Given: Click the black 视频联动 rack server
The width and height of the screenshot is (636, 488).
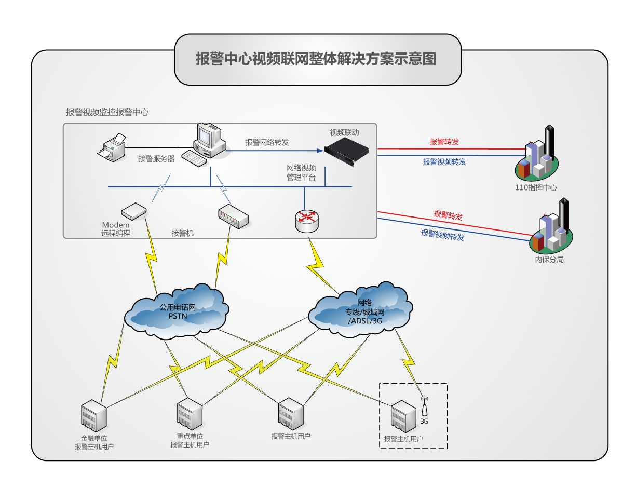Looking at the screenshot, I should click(x=346, y=152).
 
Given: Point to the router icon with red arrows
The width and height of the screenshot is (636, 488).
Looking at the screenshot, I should click(x=307, y=220).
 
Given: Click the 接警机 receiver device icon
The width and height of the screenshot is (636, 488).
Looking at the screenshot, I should click(x=233, y=215).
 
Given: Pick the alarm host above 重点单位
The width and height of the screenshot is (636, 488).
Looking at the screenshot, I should click(x=189, y=414).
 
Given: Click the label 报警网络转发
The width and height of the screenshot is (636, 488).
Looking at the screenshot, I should click(x=267, y=142).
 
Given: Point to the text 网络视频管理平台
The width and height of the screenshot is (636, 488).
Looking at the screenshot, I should click(x=301, y=172).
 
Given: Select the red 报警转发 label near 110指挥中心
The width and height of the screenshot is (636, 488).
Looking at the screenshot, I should click(x=444, y=142).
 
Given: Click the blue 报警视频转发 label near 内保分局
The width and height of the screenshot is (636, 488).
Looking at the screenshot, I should click(x=442, y=235).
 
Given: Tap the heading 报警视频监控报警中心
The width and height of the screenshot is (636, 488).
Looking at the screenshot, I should click(x=107, y=112).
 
